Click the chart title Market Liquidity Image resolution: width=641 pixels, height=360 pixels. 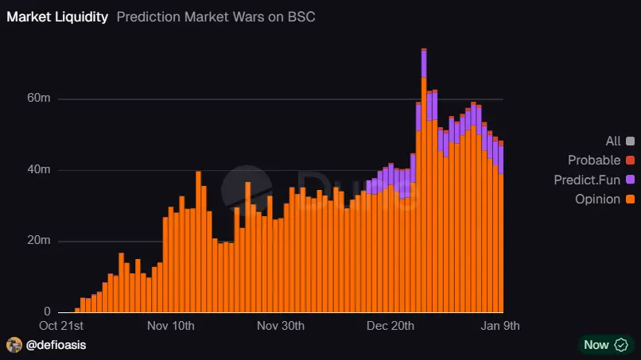pyautogui.click(x=57, y=17)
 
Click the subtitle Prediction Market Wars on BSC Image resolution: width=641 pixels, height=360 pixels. pyautogui.click(x=216, y=17)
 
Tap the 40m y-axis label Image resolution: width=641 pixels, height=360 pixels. pyautogui.click(x=40, y=169)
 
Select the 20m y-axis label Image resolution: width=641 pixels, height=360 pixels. pyautogui.click(x=40, y=241)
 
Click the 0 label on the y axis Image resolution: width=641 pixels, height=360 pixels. pyautogui.click(x=47, y=312)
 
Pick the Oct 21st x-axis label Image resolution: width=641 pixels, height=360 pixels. pyautogui.click(x=61, y=326)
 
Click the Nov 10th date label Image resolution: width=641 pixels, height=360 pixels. pyautogui.click(x=172, y=326)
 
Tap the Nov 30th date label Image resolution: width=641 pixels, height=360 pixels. pyautogui.click(x=282, y=326)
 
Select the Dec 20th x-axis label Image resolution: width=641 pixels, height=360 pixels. pyautogui.click(x=391, y=326)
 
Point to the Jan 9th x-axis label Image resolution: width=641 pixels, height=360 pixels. pyautogui.click(x=502, y=326)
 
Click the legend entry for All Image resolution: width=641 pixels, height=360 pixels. pyautogui.click(x=613, y=141)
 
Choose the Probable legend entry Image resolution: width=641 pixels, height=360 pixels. pyautogui.click(x=594, y=161)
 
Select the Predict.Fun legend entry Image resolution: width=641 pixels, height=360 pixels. pyautogui.click(x=587, y=180)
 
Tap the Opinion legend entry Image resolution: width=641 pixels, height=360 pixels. pyautogui.click(x=597, y=199)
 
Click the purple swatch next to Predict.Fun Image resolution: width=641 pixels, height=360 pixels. pyautogui.click(x=630, y=180)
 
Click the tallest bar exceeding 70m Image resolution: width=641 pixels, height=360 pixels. pyautogui.click(x=424, y=183)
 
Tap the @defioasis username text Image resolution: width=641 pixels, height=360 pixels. pyautogui.click(x=56, y=345)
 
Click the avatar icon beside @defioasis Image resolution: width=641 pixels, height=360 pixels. pyautogui.click(x=14, y=345)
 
